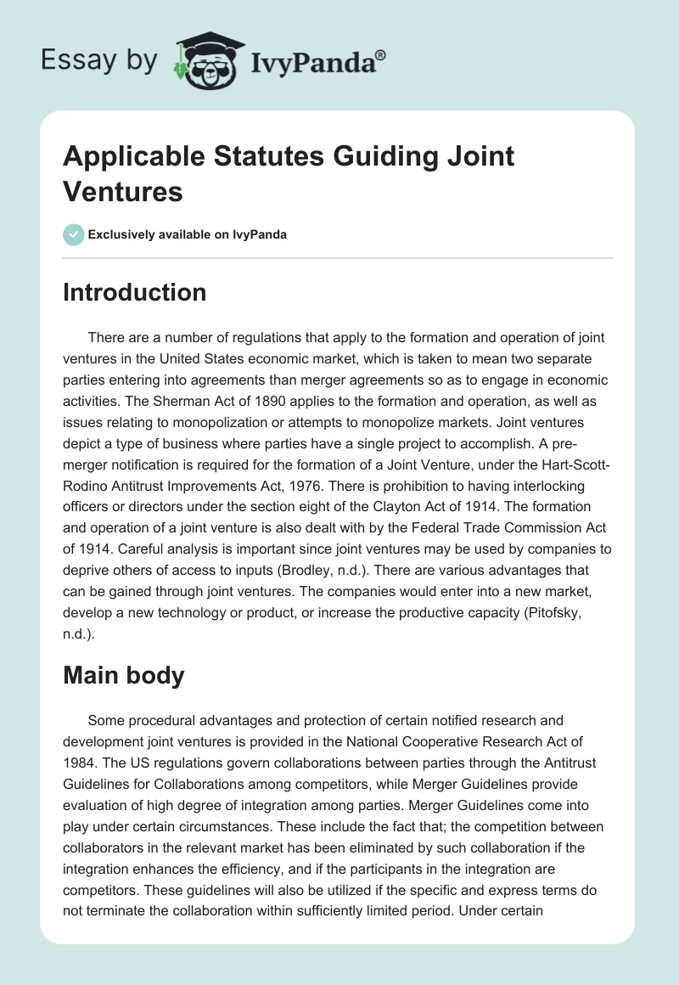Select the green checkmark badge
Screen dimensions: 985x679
coord(74,234)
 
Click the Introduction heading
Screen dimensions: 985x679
coord(135,292)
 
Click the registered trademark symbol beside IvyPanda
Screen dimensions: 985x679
coord(381,53)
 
